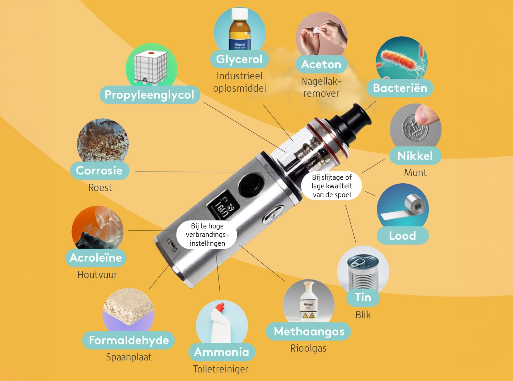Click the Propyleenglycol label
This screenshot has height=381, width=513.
(x=150, y=95)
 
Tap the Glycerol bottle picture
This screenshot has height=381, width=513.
(x=240, y=29)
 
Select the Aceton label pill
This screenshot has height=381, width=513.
(x=321, y=64)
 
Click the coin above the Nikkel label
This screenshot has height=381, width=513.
(x=415, y=128)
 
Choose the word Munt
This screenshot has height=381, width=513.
(x=415, y=173)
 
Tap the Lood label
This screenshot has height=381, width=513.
(x=403, y=236)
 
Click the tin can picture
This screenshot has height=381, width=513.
(x=363, y=273)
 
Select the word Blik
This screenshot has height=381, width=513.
(x=363, y=315)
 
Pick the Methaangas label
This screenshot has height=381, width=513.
(x=308, y=331)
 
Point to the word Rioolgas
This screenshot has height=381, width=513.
(x=308, y=348)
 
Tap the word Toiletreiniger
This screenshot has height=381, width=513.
(x=221, y=369)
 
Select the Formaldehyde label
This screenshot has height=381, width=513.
(x=129, y=340)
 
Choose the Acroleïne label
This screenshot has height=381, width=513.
(x=96, y=258)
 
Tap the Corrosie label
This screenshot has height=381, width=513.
(x=100, y=170)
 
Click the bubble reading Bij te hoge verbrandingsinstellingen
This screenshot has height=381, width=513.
(x=207, y=235)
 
